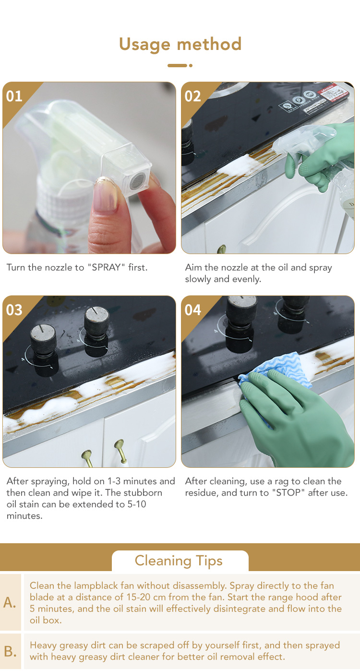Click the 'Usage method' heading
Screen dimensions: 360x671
(x=180, y=45)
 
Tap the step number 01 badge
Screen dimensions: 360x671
(x=14, y=97)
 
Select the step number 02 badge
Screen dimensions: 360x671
(x=192, y=97)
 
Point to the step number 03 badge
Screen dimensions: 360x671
(x=14, y=310)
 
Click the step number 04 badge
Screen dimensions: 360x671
(x=192, y=310)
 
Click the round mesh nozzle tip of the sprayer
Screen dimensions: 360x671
(x=138, y=181)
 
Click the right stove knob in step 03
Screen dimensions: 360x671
(x=96, y=329)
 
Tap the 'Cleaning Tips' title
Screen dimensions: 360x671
(x=179, y=561)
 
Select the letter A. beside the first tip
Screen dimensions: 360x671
(x=10, y=602)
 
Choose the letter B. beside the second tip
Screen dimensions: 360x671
(x=10, y=651)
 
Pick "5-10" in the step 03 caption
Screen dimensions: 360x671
(x=137, y=504)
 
